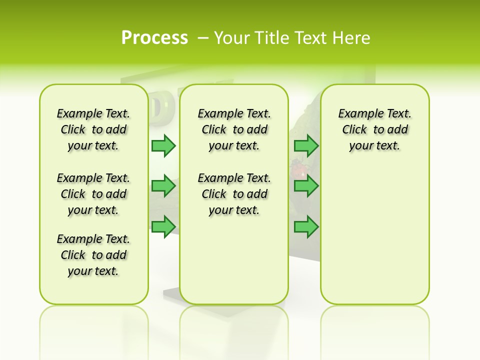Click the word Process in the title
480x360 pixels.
pos(154,38)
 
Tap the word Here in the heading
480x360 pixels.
pos(352,38)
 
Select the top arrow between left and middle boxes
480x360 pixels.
pos(163,145)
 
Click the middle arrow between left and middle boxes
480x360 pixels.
pos(163,186)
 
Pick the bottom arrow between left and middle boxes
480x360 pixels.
pos(163,226)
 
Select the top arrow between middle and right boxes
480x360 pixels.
pos(306,145)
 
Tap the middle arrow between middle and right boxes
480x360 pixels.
pos(306,186)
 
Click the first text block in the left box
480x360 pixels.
pos(93,129)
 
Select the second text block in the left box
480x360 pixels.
pos(93,194)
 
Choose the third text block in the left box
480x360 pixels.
pos(93,255)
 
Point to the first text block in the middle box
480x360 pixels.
pos(234,129)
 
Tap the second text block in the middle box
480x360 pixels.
pos(234,194)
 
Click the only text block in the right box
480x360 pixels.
pos(374,129)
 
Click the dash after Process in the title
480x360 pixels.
pos(203,38)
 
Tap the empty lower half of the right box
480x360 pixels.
pos(374,240)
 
